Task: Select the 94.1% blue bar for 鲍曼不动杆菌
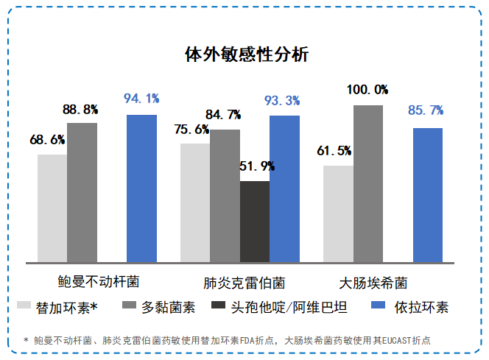[x=141, y=188]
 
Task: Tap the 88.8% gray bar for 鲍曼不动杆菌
[x=82, y=192]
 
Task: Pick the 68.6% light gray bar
[x=52, y=208]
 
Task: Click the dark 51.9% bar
[x=255, y=221]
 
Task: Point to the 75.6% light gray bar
[x=195, y=202]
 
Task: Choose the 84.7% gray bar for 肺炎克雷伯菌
[x=225, y=195]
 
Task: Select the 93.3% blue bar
[x=284, y=188]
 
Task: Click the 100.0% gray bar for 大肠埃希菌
[x=368, y=183]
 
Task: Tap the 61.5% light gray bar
[x=338, y=213]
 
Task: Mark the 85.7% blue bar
[x=428, y=194]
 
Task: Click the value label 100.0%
[x=368, y=90]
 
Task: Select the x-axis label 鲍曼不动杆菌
[x=98, y=282]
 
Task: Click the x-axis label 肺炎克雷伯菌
[x=244, y=283]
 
